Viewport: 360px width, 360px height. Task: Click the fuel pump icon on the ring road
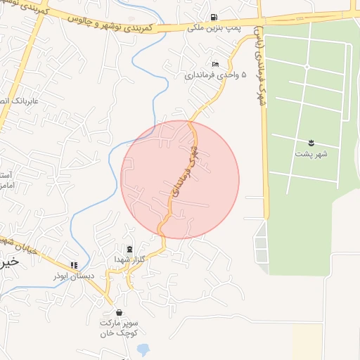click(214, 17)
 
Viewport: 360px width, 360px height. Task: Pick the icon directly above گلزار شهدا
click(129, 249)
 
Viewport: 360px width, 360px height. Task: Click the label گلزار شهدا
click(129, 259)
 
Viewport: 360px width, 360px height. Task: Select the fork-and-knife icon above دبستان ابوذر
click(73, 265)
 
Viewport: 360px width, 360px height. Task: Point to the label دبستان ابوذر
click(72, 276)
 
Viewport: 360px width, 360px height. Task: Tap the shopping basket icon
click(118, 312)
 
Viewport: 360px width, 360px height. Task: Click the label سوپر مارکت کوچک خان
click(118, 326)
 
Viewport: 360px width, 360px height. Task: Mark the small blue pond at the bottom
click(143, 349)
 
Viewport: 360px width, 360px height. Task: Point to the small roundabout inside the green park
click(307, 66)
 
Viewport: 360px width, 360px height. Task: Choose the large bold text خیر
click(7, 262)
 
